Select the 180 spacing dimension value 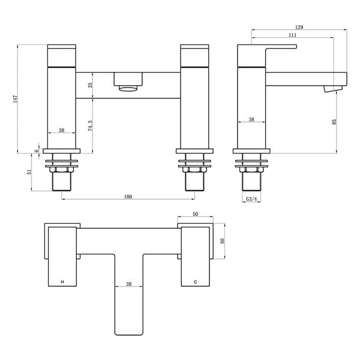[x=127, y=197]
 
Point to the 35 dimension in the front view [x=91, y=86]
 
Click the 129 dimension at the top [x=299, y=26]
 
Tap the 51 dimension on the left [x=29, y=172]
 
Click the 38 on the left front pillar [x=62, y=130]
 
